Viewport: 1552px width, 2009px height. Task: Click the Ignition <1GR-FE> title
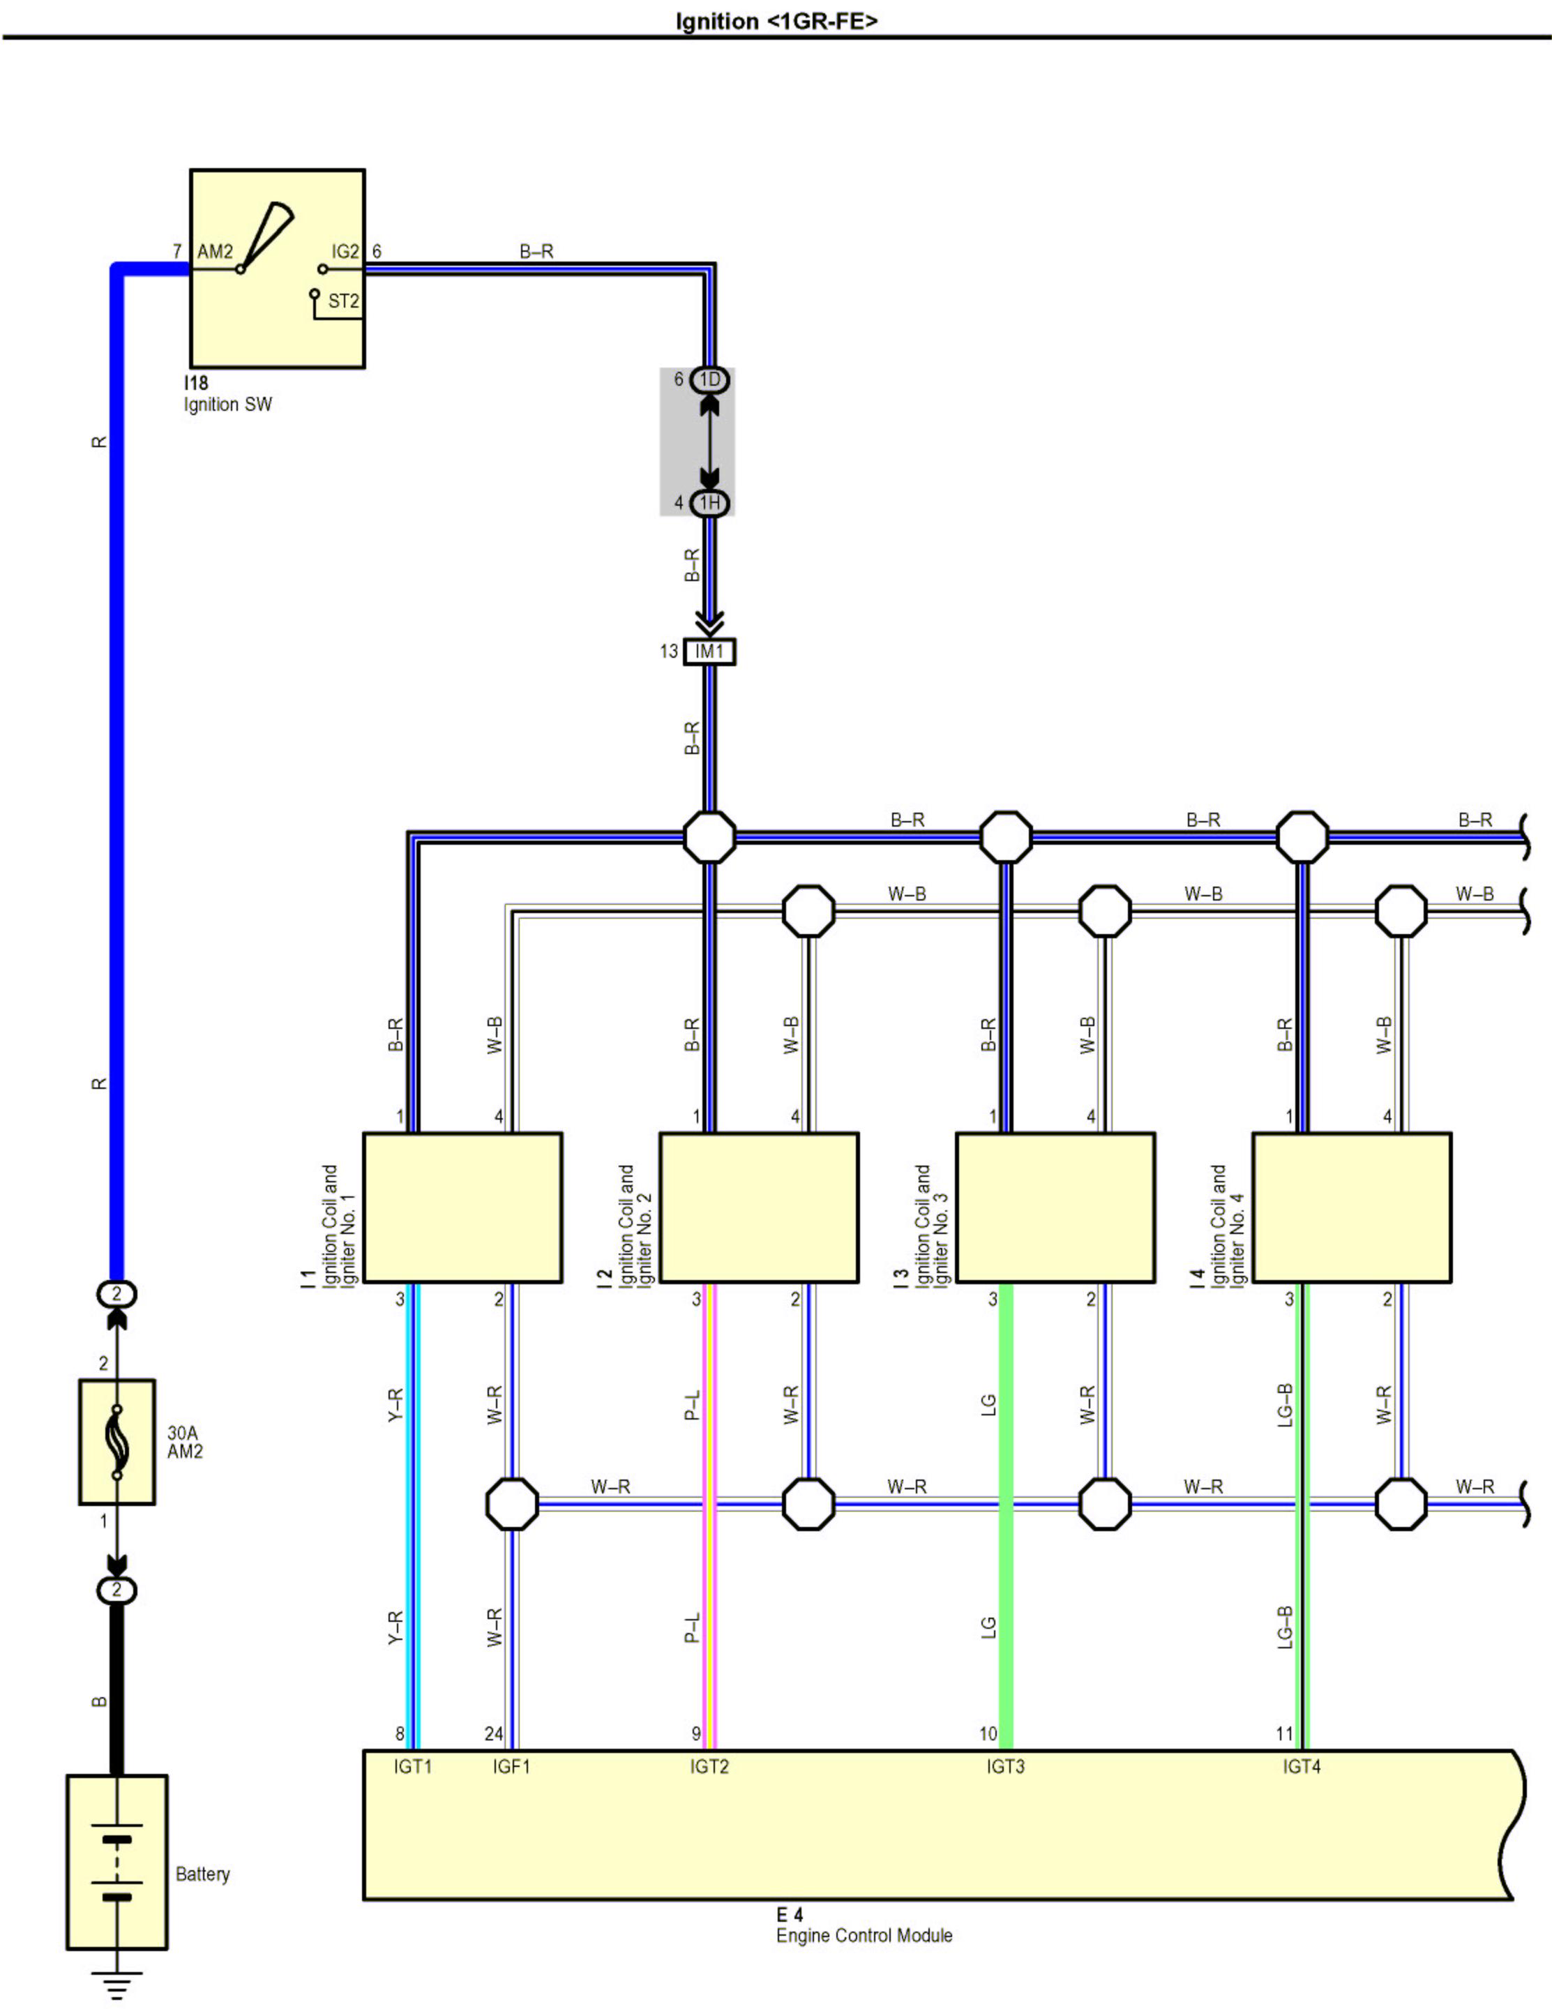click(x=776, y=20)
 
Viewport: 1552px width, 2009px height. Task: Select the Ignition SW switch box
click(x=277, y=268)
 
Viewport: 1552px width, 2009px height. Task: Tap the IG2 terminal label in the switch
click(x=345, y=251)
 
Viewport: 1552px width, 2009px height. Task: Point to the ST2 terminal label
click(x=343, y=301)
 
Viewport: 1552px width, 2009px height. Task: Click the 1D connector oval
click(x=709, y=380)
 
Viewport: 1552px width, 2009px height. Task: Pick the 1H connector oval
click(x=709, y=503)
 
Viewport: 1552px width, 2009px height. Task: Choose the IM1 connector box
click(x=709, y=652)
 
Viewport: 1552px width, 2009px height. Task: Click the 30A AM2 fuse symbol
click(x=117, y=1441)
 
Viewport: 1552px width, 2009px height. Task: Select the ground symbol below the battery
click(x=117, y=1983)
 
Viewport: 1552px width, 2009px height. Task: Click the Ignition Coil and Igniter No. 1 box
click(x=462, y=1207)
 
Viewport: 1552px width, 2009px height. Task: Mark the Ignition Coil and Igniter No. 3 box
click(x=1055, y=1207)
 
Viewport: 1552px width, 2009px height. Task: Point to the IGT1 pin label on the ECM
click(x=412, y=1766)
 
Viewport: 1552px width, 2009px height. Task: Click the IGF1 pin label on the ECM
click(x=511, y=1766)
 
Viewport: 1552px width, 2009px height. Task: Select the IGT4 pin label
click(x=1302, y=1766)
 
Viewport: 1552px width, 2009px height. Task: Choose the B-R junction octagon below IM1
click(x=709, y=837)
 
